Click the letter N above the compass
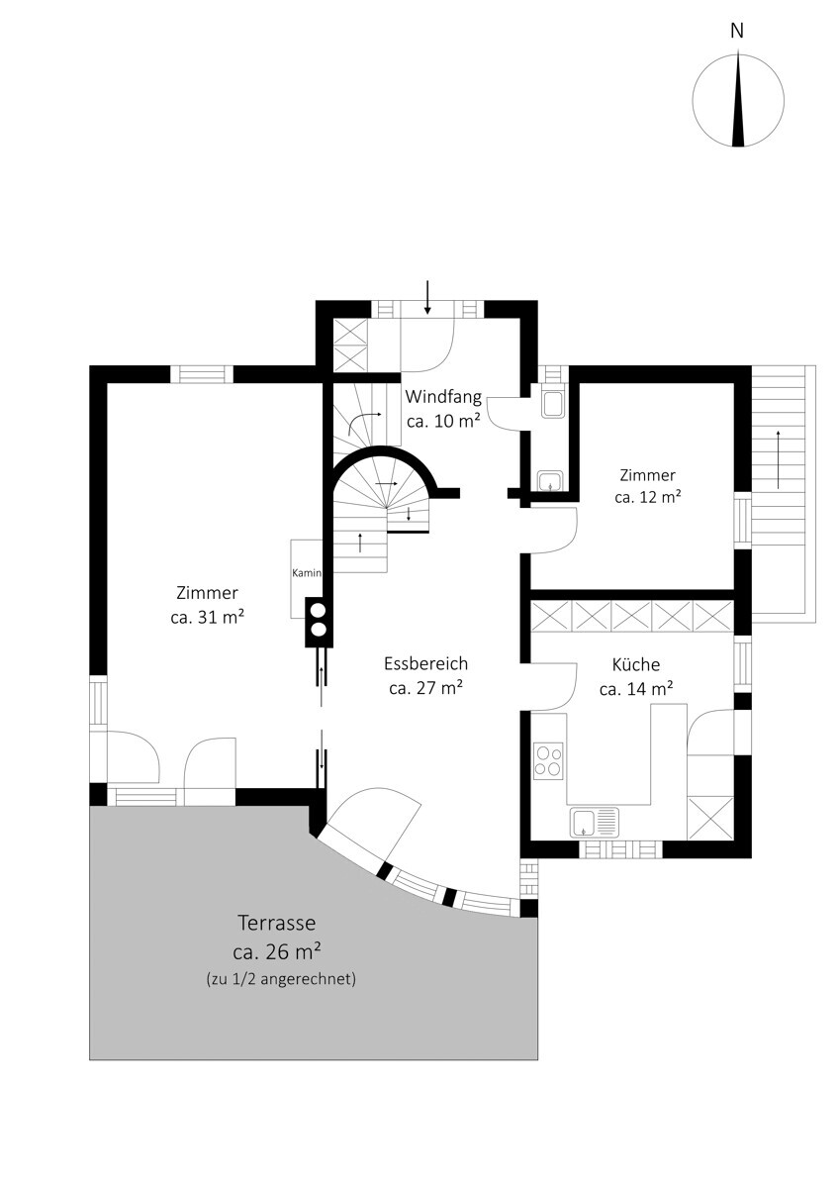tap(737, 32)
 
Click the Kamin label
tap(307, 573)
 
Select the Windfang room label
tap(443, 396)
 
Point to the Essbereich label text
tap(426, 663)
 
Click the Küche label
tap(636, 664)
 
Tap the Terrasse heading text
tap(277, 923)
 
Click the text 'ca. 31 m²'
tap(207, 618)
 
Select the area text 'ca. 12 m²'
tap(648, 497)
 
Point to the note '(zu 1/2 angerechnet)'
tap(281, 978)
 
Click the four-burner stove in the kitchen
tap(548, 761)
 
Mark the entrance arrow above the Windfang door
tap(427, 297)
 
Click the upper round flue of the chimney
tap(319, 610)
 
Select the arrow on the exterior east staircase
tap(778, 459)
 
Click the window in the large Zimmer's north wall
tap(202, 374)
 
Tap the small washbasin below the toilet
tap(552, 481)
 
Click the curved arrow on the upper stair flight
tap(363, 422)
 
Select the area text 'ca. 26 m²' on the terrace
tap(277, 951)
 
